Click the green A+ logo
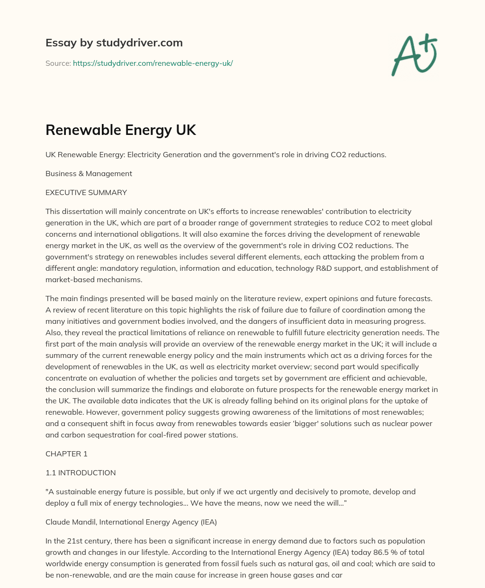414,55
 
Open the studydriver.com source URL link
153,63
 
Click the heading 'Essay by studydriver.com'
114,43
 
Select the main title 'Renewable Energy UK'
120,130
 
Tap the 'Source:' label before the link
58,63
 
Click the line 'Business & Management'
89,174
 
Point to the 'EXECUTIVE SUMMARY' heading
86,193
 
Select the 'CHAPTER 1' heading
66,454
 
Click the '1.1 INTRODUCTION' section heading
81,473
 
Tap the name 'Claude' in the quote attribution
57,522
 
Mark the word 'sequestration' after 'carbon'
105,435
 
